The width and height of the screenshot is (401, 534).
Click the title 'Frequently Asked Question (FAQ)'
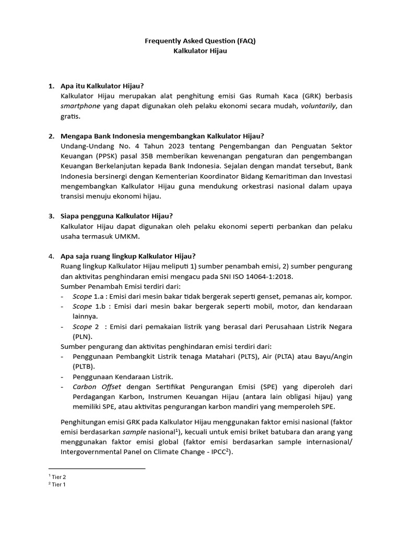(200, 42)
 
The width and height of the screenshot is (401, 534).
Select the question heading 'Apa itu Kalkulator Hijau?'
(102, 86)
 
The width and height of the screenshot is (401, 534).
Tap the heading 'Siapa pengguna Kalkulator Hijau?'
(116, 216)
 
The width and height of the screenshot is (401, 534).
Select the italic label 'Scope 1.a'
(85, 296)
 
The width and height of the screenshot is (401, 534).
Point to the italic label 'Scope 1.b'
(85, 306)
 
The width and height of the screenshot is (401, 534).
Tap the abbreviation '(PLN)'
(72, 336)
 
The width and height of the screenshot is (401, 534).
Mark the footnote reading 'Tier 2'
(58, 477)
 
